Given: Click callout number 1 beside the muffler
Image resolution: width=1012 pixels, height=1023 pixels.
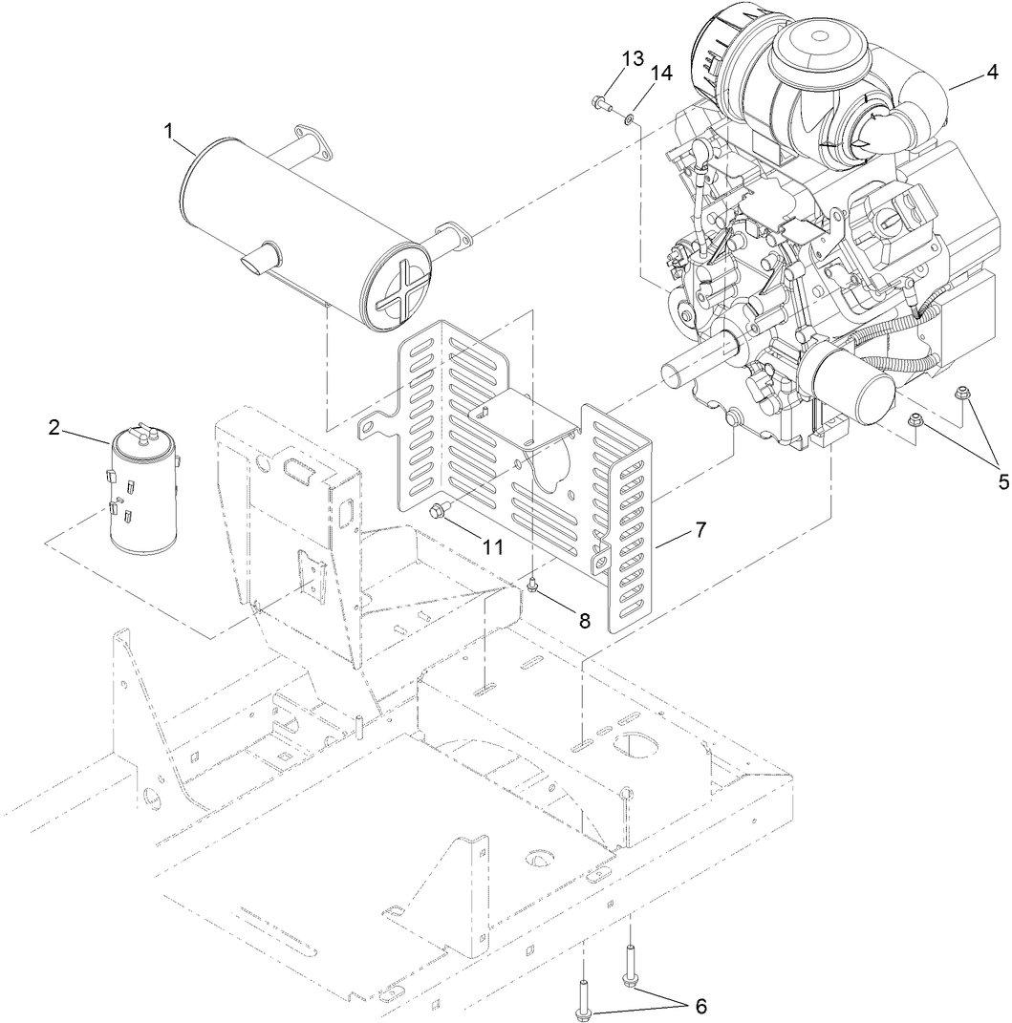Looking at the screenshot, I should [169, 132].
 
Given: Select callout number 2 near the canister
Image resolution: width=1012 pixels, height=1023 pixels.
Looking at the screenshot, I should [55, 427].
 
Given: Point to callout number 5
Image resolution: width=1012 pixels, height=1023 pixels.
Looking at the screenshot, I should [1002, 482].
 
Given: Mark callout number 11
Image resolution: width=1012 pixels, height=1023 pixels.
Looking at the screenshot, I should [492, 546].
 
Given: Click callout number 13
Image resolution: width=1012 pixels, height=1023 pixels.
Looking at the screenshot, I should [633, 59].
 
